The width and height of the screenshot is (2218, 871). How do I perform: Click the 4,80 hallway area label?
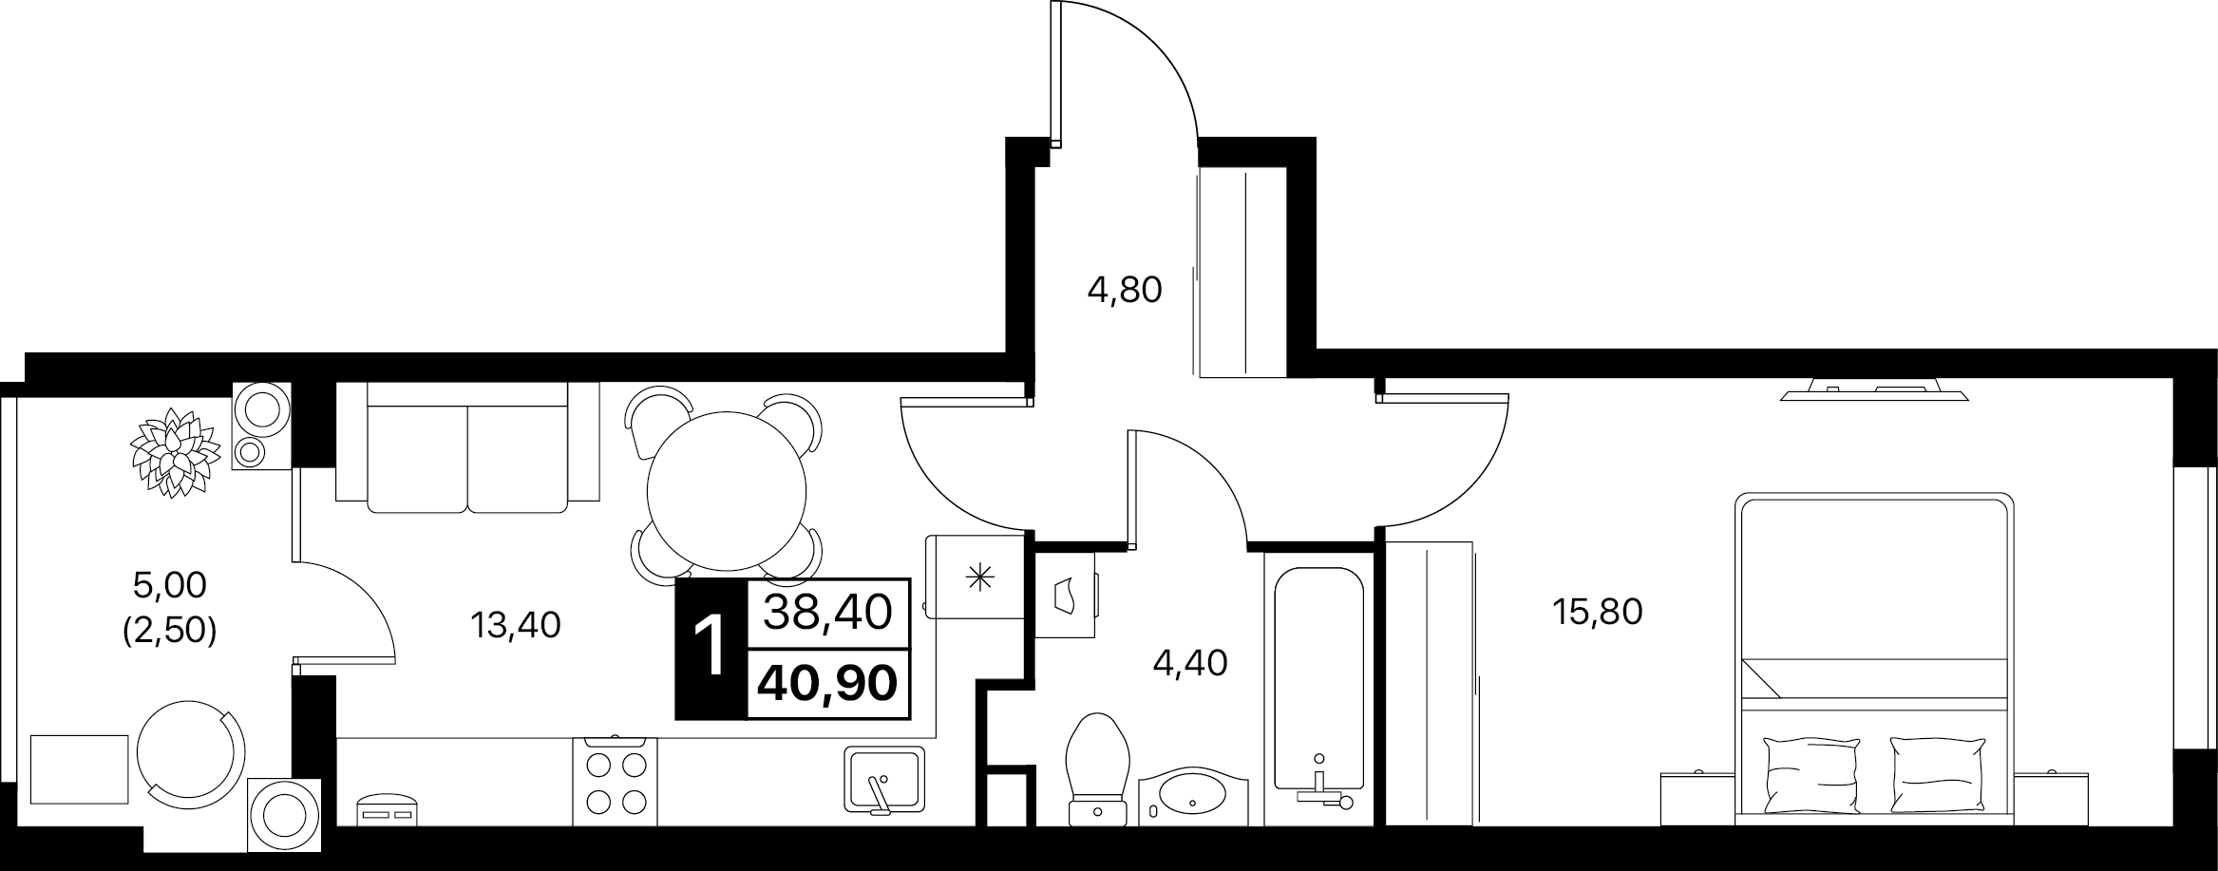point(1125,290)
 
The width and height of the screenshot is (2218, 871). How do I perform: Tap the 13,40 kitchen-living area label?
point(516,625)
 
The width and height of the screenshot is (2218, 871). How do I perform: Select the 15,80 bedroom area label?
point(1598,612)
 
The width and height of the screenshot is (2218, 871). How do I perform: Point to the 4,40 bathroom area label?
point(1190,663)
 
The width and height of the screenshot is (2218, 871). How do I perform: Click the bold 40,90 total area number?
point(829,682)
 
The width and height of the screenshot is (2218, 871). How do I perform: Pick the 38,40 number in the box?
point(829,613)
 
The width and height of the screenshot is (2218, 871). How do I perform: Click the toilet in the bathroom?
point(1099,769)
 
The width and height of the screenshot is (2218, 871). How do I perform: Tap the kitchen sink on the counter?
point(883,780)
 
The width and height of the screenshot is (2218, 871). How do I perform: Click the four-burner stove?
point(614,782)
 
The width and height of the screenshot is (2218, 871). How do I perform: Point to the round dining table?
point(727,491)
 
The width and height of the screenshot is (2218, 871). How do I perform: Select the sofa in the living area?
point(467,447)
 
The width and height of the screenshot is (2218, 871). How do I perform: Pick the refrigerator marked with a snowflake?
point(976,577)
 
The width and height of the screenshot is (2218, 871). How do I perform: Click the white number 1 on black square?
point(711,649)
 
